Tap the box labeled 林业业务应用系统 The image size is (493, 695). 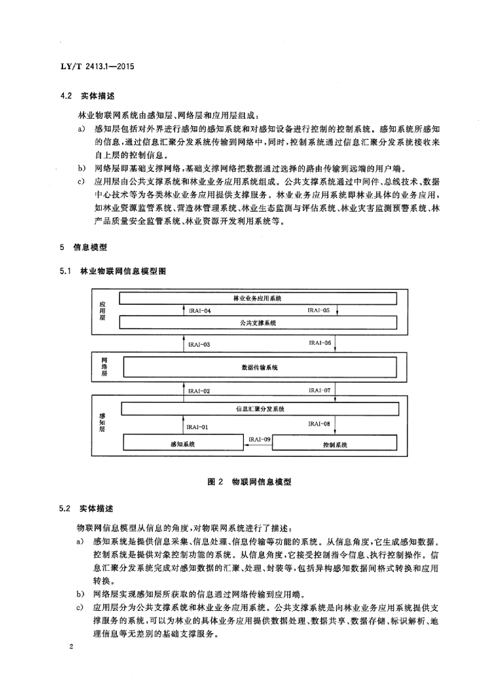click(257, 298)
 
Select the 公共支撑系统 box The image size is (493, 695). click(257, 323)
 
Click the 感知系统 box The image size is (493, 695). click(183, 444)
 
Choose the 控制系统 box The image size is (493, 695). click(334, 445)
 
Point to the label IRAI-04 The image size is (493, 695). click(200, 311)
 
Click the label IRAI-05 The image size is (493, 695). click(318, 310)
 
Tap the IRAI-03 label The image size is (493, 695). click(199, 345)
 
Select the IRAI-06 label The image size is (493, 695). click(319, 343)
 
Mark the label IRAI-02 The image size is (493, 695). click(199, 392)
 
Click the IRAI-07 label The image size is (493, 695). click(319, 391)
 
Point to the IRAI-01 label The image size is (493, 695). click(198, 428)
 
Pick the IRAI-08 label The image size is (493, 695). click(318, 424)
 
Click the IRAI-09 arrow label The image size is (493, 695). click(260, 440)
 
